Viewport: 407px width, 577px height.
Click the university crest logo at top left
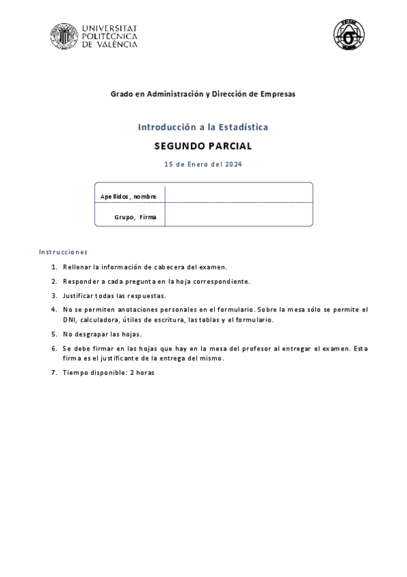tap(63, 36)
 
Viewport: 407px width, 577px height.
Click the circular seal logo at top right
tap(349, 34)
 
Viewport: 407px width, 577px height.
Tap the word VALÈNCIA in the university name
tap(116, 44)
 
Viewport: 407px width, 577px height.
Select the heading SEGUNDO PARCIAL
tap(203, 146)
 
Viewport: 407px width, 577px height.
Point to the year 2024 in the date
tap(234, 164)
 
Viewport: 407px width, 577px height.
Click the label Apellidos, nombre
tap(128, 197)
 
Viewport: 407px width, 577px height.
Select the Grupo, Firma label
tap(135, 217)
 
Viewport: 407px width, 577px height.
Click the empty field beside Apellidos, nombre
tap(238, 194)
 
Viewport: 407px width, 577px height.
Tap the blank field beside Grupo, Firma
tap(238, 215)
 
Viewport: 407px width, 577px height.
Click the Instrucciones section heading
tap(63, 252)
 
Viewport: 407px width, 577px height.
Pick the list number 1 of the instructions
tap(54, 267)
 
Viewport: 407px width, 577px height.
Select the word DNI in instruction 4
tap(69, 319)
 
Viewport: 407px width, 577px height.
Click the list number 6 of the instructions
tap(54, 348)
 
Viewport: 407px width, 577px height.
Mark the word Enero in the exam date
tap(197, 164)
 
